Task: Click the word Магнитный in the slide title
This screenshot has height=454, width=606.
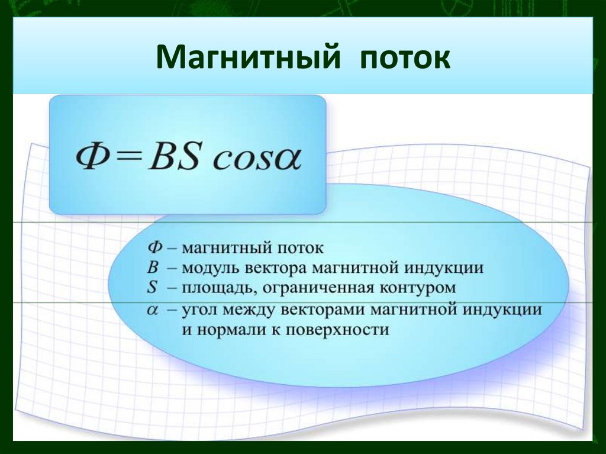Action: (249, 59)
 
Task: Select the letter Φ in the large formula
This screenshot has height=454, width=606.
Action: (91, 159)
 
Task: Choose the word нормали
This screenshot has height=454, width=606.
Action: (224, 330)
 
